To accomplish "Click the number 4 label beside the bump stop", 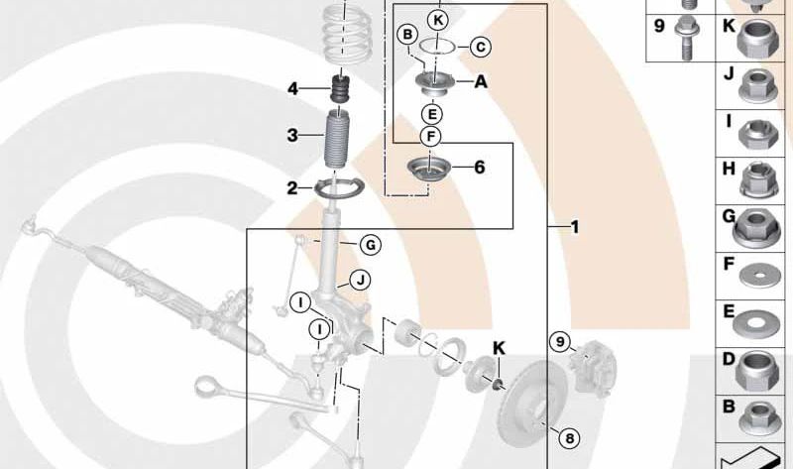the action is coord(293,89).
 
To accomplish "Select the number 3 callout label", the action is coord(292,135).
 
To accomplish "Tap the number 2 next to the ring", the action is coord(292,188).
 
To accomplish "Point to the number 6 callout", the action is coord(480,167).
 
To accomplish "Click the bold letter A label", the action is coord(481,81).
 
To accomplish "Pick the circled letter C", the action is coord(481,47).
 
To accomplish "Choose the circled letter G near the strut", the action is coord(371,245).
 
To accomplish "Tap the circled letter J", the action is coord(360,280).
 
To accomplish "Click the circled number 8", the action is coord(569,438).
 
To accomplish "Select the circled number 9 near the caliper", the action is coord(560,342).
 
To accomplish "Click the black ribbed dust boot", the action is coord(336,138).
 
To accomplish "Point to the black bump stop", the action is coord(340,89).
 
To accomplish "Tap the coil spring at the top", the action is coord(348,34).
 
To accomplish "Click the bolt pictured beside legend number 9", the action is coord(685,38).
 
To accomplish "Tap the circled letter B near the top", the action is coord(407,35).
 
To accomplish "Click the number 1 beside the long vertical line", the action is coord(575,227).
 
